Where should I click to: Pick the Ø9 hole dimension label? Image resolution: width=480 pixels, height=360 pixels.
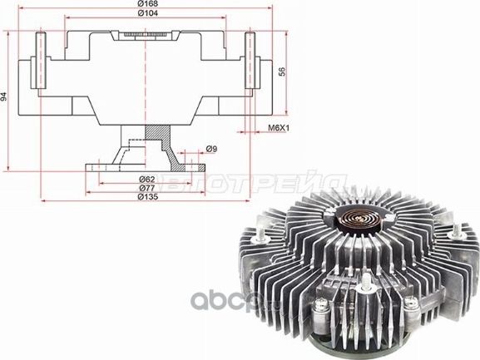tap(211, 149)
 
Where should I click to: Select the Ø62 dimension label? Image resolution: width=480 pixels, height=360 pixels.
tap(147, 179)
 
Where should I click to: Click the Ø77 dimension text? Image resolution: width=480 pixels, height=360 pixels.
tap(147, 188)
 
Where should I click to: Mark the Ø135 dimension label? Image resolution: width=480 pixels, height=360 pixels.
tap(147, 197)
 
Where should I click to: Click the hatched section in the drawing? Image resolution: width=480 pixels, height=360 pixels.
tap(156, 133)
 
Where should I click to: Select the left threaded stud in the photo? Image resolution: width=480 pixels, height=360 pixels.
tap(261, 238)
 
